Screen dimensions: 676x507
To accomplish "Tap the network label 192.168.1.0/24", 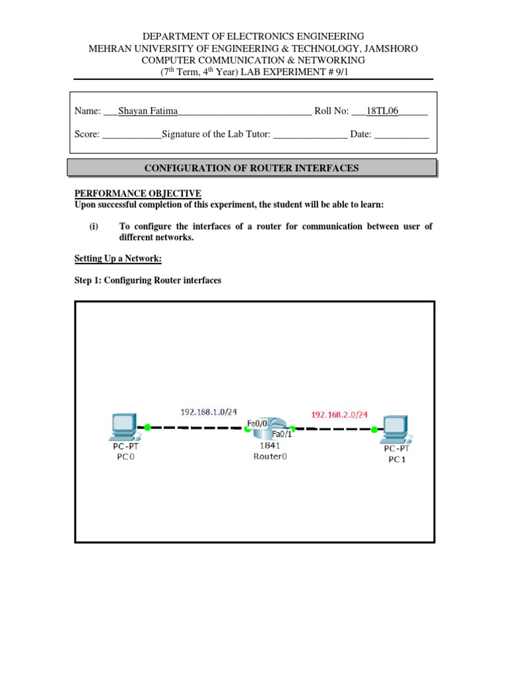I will (x=209, y=412).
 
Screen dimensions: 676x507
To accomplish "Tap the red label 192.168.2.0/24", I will (x=339, y=415).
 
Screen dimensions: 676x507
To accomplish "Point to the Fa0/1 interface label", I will (x=282, y=434).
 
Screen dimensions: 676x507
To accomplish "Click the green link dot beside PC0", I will (x=147, y=427).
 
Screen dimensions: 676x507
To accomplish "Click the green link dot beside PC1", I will (x=374, y=430).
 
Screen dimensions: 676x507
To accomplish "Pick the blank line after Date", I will (x=401, y=135).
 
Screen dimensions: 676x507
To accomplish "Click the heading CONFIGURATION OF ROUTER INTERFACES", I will (x=252, y=168).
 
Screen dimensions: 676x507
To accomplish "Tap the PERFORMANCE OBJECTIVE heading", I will (x=137, y=193).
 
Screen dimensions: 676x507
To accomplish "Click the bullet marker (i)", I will (x=94, y=226).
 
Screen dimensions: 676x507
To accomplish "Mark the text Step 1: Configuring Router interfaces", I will (x=147, y=281).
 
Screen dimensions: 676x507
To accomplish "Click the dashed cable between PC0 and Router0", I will (x=198, y=428).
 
